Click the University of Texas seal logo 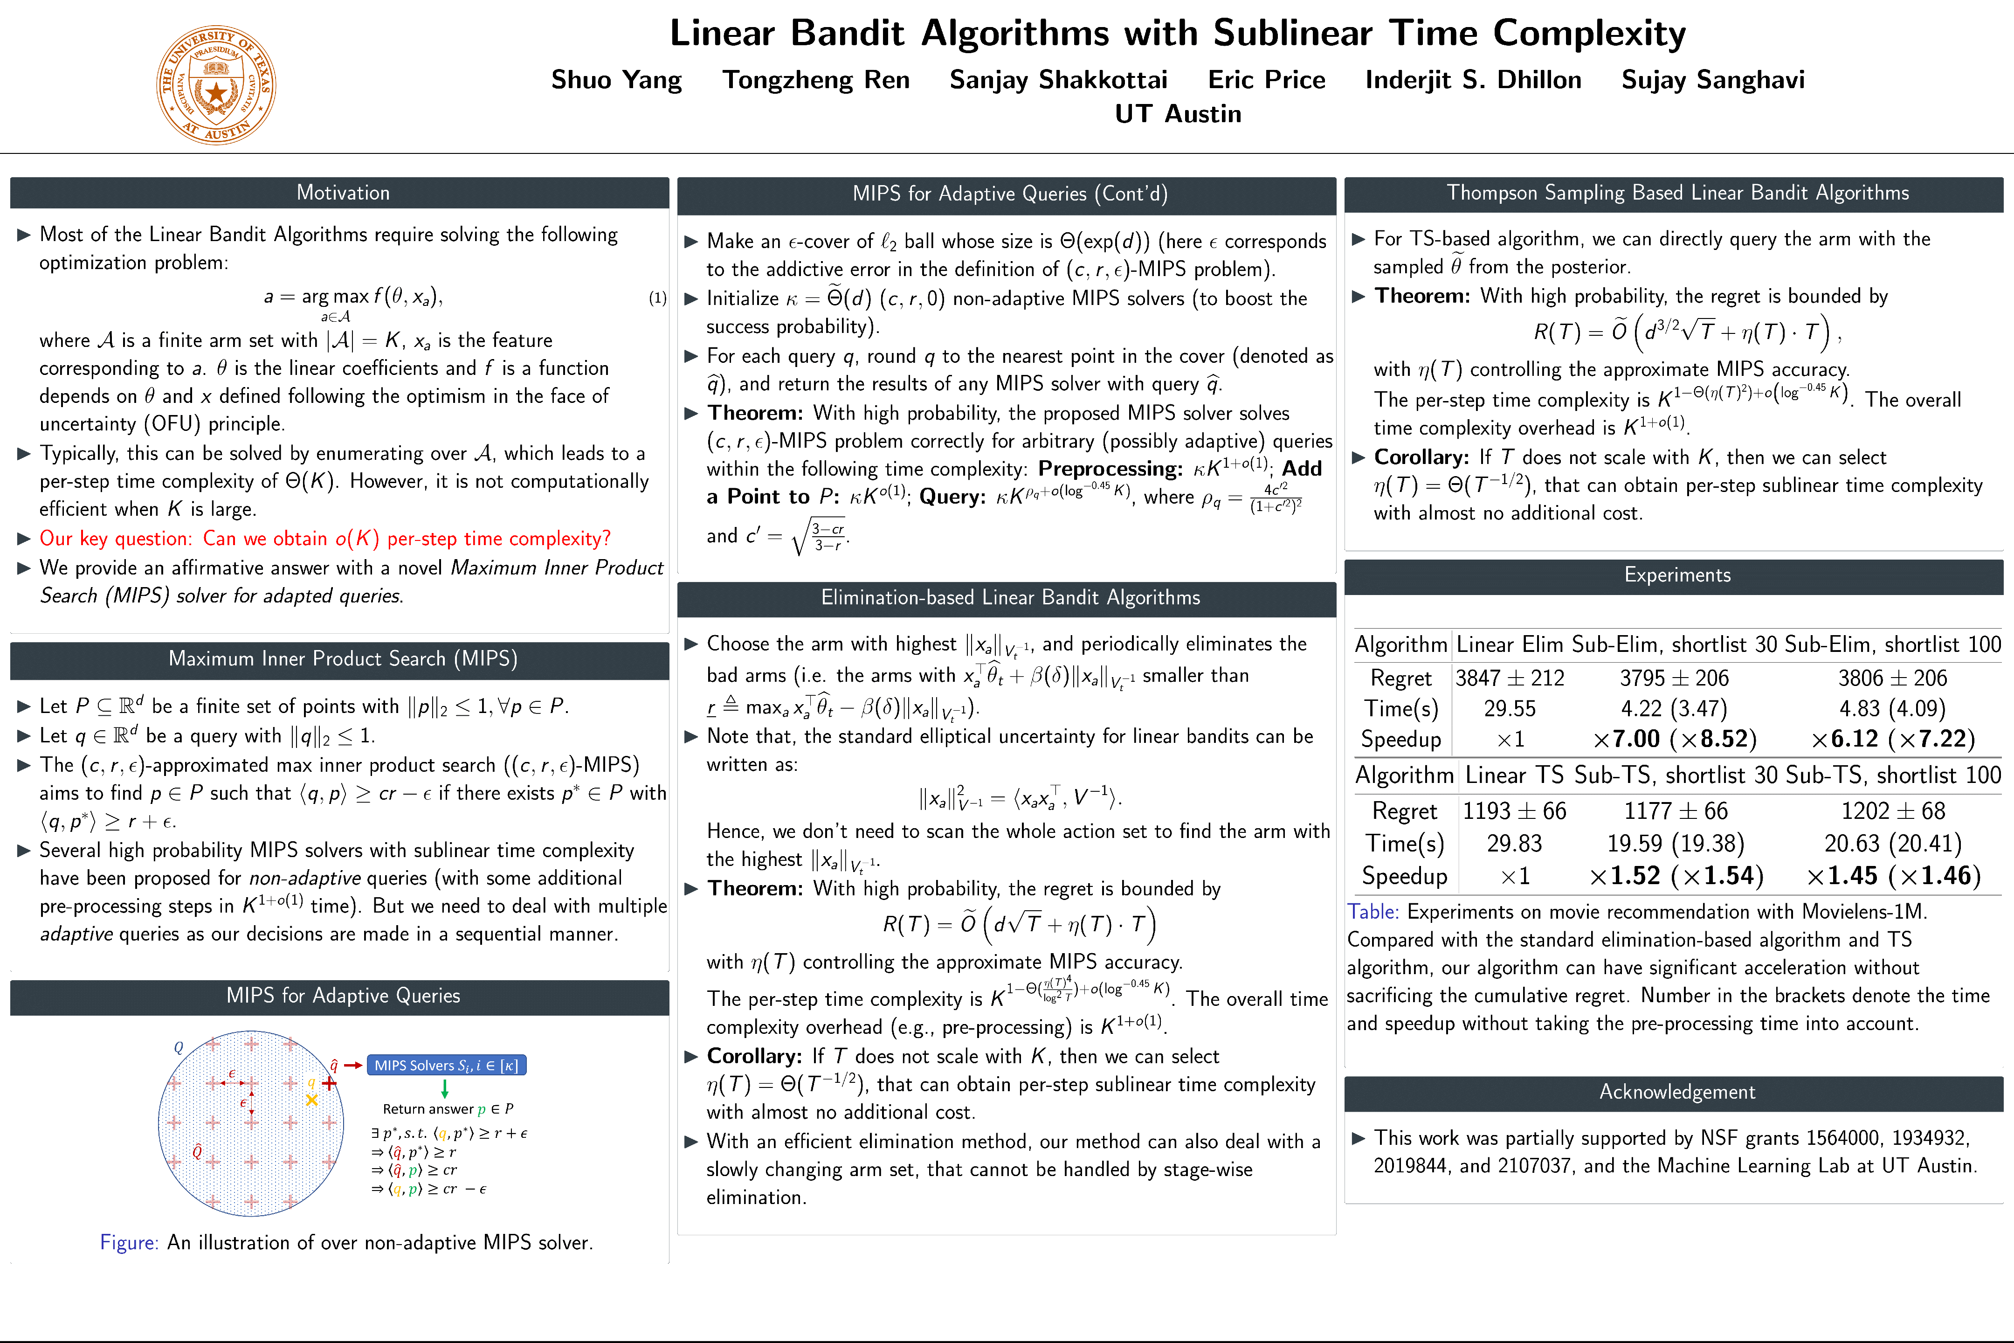click(x=216, y=85)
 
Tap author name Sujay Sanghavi click(x=1712, y=80)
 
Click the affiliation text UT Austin click(x=1178, y=114)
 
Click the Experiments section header click(x=1676, y=575)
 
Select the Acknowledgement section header click(x=1676, y=1092)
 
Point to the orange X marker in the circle click(x=312, y=1100)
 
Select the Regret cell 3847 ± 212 click(x=1510, y=678)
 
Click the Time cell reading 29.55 click(x=1510, y=709)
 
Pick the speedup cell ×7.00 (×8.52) click(x=1674, y=739)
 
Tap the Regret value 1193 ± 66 click(x=1514, y=811)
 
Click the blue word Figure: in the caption click(x=129, y=1243)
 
